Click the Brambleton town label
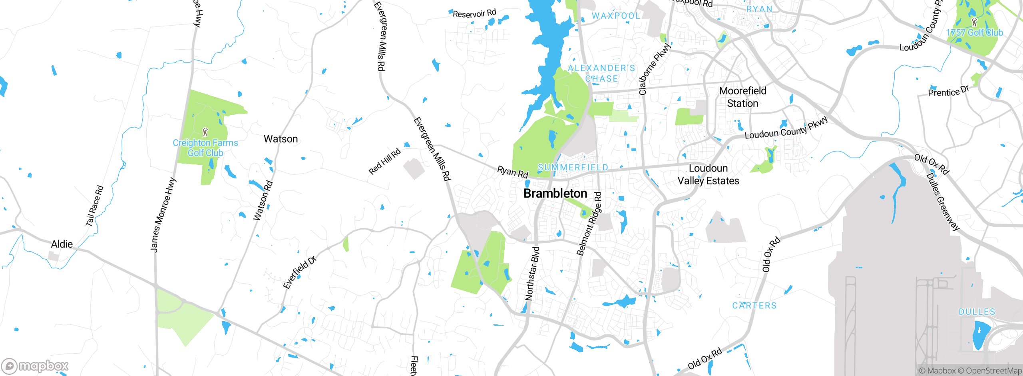555,194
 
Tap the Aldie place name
62,244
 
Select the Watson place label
281,139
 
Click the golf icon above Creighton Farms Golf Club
205,132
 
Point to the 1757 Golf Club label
974,33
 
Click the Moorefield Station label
742,97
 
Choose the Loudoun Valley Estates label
708,174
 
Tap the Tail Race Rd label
95,206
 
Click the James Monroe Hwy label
163,215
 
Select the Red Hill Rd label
384,162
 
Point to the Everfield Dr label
300,272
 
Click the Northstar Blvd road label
532,274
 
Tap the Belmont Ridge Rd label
589,224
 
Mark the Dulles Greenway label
943,202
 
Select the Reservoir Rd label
474,14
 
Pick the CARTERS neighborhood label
754,306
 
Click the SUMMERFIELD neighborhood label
573,167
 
